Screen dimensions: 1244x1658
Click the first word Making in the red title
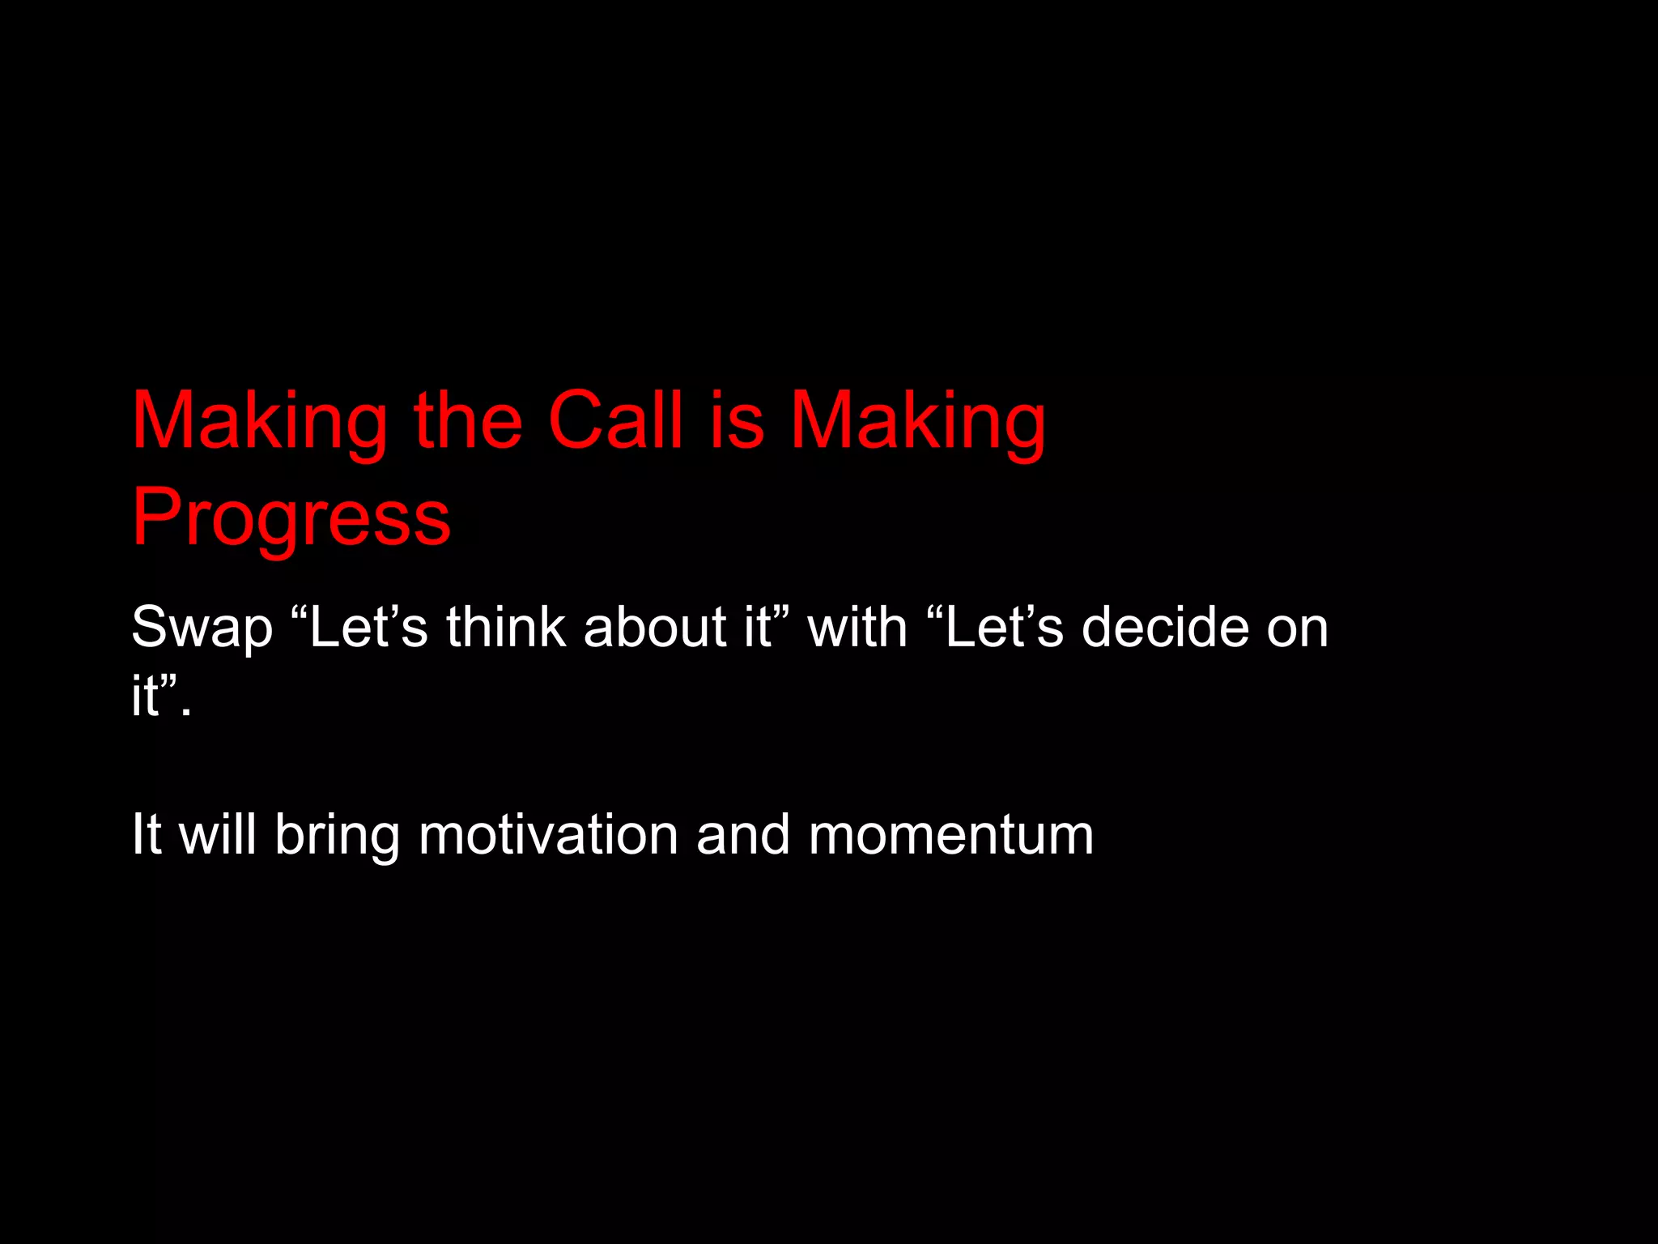point(260,422)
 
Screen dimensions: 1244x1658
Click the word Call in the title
point(615,420)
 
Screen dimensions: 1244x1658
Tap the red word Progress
point(291,518)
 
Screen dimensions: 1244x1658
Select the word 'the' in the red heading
point(468,420)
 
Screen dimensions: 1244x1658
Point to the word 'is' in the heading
point(737,420)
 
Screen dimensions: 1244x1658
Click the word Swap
point(202,628)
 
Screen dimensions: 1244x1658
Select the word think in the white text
point(505,627)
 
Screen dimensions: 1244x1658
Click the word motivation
point(548,834)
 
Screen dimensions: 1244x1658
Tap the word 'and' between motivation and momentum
point(742,834)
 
